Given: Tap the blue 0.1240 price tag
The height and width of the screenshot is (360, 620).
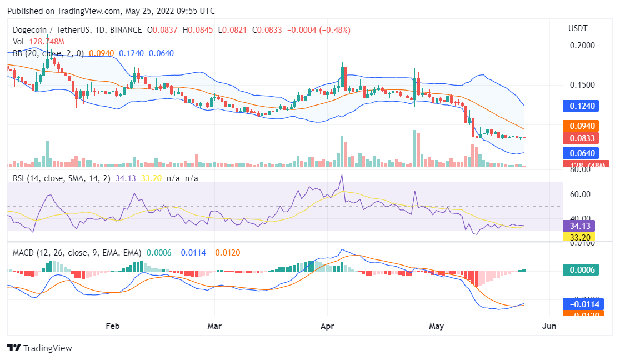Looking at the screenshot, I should pyautogui.click(x=579, y=106).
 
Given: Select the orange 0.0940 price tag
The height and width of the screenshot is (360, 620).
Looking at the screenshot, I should pyautogui.click(x=579, y=126).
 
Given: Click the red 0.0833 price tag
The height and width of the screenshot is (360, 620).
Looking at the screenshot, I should pyautogui.click(x=579, y=138).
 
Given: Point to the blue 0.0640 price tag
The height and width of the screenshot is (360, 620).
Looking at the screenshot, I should pyautogui.click(x=579, y=153).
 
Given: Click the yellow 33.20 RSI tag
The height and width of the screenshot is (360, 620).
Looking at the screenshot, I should pyautogui.click(x=579, y=237).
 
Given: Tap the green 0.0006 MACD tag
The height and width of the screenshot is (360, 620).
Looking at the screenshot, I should pyautogui.click(x=579, y=270).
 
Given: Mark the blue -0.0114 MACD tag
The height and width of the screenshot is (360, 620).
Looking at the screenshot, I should pyautogui.click(x=579, y=304).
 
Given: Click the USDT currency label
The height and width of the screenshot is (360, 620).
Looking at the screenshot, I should pyautogui.click(x=578, y=28).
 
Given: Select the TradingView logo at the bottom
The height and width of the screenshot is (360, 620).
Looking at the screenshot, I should pyautogui.click(x=39, y=348).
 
